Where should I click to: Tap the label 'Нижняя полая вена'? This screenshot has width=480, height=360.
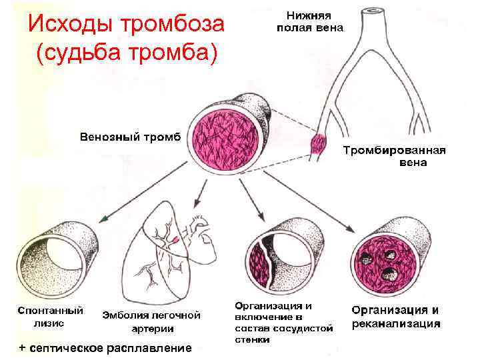click(x=310, y=21)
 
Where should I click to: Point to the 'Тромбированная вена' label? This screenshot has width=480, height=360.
click(x=394, y=156)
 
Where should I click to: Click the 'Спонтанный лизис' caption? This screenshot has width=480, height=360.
click(x=51, y=317)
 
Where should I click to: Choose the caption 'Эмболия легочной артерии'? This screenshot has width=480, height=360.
click(x=152, y=321)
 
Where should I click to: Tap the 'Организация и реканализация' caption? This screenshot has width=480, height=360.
click(x=396, y=317)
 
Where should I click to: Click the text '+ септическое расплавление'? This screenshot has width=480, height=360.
click(x=105, y=348)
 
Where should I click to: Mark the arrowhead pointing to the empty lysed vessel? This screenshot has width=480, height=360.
click(x=105, y=219)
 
